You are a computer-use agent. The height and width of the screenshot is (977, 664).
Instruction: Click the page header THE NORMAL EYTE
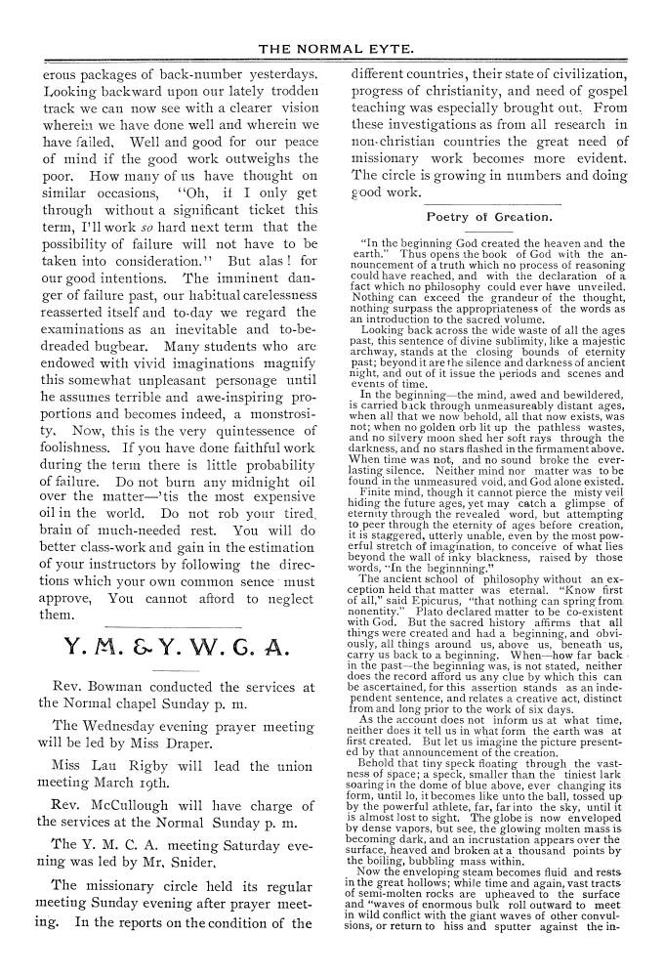(x=333, y=48)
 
